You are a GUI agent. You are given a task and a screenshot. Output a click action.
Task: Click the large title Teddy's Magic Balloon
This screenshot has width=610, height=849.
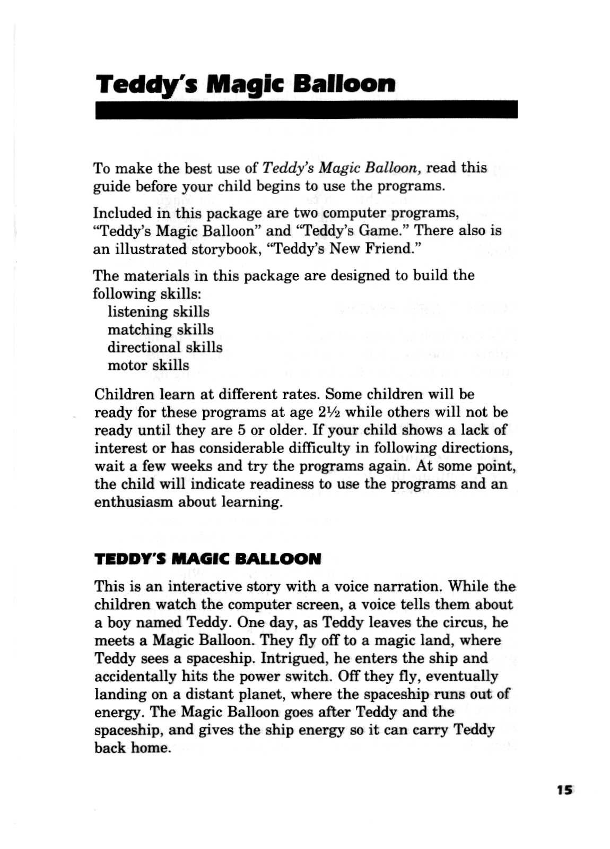[x=246, y=84]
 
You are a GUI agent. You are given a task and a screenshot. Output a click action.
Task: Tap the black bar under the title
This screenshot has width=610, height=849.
[x=306, y=109]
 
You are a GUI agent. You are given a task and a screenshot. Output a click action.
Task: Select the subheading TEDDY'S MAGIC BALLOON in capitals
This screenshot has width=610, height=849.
[x=207, y=559]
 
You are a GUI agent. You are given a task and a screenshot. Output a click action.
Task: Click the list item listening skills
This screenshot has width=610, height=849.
[x=158, y=311]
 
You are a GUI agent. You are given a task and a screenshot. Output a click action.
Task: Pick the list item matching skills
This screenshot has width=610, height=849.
[x=160, y=330]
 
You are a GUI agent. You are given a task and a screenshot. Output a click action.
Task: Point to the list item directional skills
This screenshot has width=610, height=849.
[x=165, y=347]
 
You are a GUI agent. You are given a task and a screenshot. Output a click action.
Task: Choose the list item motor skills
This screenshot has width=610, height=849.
[x=148, y=365]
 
